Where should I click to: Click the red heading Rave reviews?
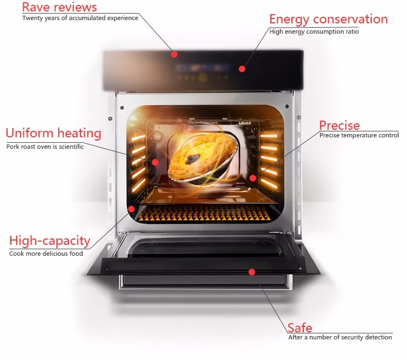click(60, 7)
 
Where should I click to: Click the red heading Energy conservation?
click(328, 20)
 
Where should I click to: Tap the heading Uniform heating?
click(53, 133)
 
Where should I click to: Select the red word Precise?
click(339, 125)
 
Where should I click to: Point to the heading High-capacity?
click(49, 241)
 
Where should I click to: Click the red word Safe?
click(300, 327)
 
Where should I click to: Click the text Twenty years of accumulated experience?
click(80, 18)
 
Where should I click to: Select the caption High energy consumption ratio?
click(314, 31)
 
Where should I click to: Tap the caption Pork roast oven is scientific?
click(45, 146)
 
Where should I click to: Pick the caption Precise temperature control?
click(359, 135)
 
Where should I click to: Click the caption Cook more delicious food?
click(46, 254)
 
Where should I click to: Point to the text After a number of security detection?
click(340, 337)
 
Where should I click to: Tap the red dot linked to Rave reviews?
click(174, 54)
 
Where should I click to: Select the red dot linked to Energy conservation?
click(242, 69)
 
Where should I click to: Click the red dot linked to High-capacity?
click(131, 209)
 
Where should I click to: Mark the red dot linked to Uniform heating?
click(155, 161)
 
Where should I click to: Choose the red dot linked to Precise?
click(252, 177)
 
